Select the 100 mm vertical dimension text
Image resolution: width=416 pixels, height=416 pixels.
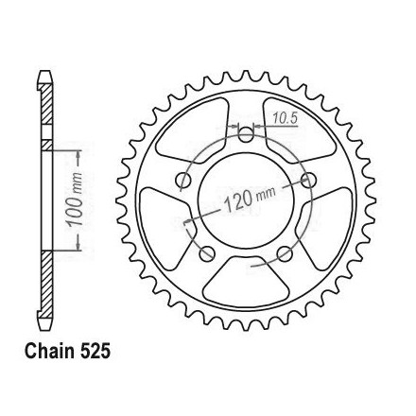pyautogui.click(x=76, y=199)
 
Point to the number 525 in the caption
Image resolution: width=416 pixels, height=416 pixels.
pyautogui.click(x=95, y=351)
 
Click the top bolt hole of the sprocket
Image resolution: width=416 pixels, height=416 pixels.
pyautogui.click(x=246, y=135)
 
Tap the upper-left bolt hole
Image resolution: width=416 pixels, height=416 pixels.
pyautogui.click(x=183, y=181)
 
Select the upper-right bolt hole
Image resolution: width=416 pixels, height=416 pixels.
pyautogui.click(x=308, y=181)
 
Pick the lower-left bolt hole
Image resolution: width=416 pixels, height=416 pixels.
pyautogui.click(x=207, y=253)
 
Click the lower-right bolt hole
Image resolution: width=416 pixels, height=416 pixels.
pyautogui.click(x=285, y=253)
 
